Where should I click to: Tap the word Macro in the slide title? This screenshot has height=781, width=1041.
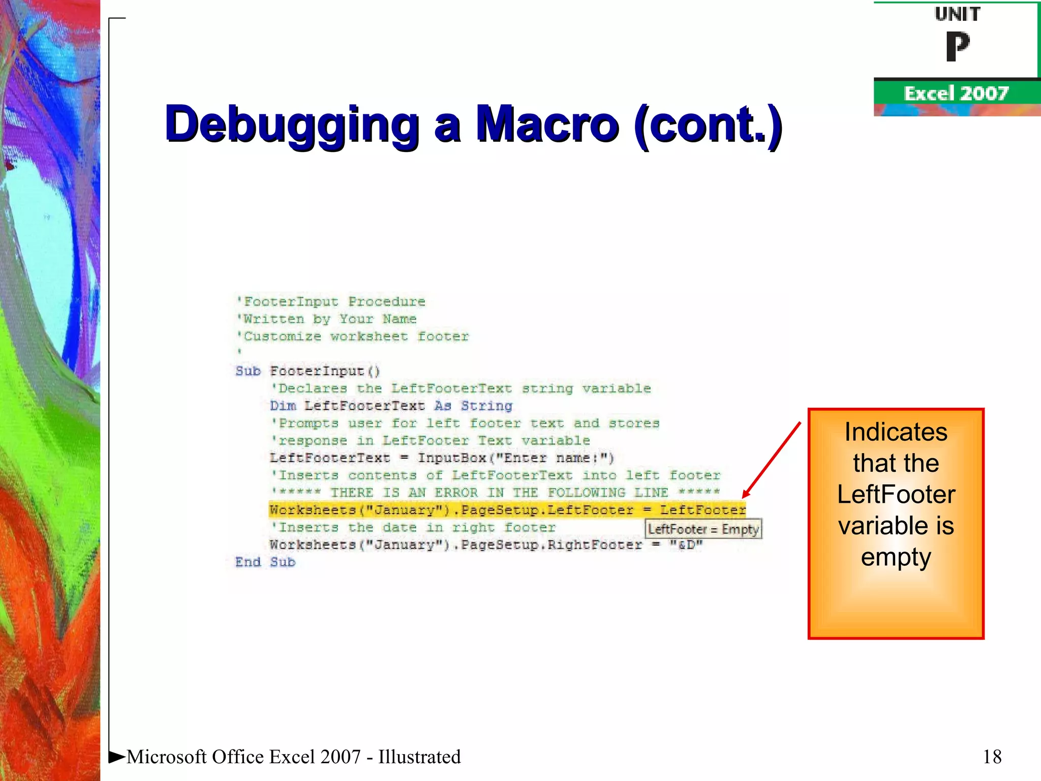[547, 124]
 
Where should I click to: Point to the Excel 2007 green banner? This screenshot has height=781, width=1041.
[956, 94]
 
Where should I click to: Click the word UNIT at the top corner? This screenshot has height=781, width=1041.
[957, 14]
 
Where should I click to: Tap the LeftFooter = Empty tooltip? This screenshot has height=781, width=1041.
[703, 529]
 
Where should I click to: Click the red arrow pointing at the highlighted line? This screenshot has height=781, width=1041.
[771, 460]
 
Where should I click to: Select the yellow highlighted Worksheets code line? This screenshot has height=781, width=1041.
[507, 510]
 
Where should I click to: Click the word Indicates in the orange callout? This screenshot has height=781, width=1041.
[896, 432]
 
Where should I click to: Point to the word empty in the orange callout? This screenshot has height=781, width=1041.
[896, 557]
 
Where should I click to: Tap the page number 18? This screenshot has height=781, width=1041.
[992, 757]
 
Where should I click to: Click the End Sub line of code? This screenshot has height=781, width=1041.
[265, 562]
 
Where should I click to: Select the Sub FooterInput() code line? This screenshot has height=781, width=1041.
[308, 371]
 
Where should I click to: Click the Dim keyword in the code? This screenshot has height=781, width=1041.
[283, 406]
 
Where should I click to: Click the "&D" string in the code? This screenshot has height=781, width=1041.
[686, 545]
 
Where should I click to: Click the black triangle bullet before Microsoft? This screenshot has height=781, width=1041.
[117, 757]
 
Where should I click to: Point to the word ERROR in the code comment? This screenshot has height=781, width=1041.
[456, 493]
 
